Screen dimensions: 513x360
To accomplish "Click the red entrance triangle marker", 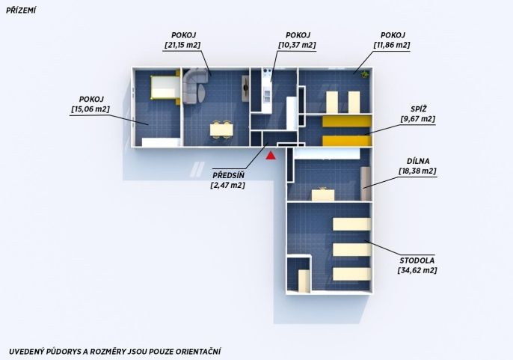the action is point(271,156).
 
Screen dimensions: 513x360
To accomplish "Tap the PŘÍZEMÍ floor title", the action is point(21,10).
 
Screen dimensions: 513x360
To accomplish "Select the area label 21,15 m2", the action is point(182,45).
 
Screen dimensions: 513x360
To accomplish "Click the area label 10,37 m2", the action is point(297,45).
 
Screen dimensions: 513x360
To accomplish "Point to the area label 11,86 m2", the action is point(392,45).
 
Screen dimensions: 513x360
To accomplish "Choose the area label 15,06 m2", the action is point(90,109).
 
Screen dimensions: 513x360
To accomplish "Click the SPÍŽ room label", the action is point(419,109).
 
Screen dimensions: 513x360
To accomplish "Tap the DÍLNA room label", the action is point(418,161).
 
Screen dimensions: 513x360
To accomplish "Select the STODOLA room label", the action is point(417,260).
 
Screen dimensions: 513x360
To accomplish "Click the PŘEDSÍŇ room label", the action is point(228,176).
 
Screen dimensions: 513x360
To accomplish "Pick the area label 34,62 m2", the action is point(417,271).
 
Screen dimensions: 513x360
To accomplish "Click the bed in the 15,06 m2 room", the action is point(165,88).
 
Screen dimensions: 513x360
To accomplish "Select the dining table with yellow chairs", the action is point(221,130).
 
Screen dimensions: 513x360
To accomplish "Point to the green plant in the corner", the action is point(364,75).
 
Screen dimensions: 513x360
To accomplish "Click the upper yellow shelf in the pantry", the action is point(346,121).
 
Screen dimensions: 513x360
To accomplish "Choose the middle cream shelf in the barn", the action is point(351,250).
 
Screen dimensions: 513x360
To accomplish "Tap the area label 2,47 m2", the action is point(228,186).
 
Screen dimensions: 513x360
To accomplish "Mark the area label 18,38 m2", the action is point(417,171).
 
